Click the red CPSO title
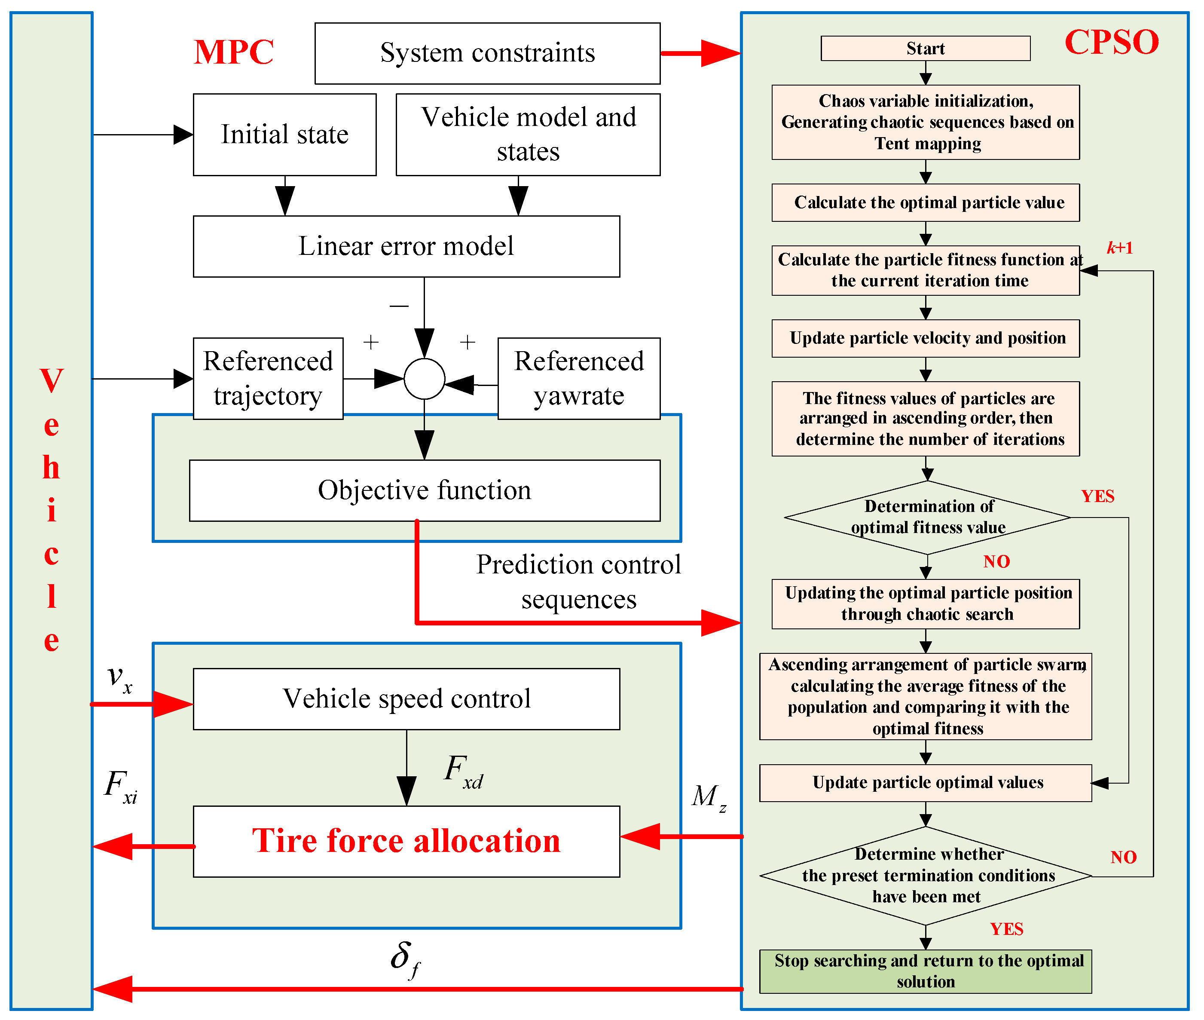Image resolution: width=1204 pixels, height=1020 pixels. pyautogui.click(x=1111, y=42)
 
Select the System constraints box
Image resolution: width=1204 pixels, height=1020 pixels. pyautogui.click(x=487, y=53)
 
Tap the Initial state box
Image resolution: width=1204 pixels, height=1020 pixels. pyautogui.click(x=284, y=135)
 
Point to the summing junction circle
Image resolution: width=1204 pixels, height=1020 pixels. pyautogui.click(x=424, y=379)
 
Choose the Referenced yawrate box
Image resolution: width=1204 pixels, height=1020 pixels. pyautogui.click(x=579, y=378)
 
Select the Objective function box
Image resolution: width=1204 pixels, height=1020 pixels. pyautogui.click(x=424, y=490)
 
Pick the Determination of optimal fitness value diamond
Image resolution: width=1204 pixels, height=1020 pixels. pyautogui.click(x=927, y=517)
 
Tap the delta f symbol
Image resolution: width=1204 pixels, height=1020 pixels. pyautogui.click(x=405, y=959)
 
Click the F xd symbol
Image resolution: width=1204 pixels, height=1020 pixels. pyautogui.click(x=463, y=772)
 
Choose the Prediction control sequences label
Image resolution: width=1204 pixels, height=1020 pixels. pyautogui.click(x=578, y=582)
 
